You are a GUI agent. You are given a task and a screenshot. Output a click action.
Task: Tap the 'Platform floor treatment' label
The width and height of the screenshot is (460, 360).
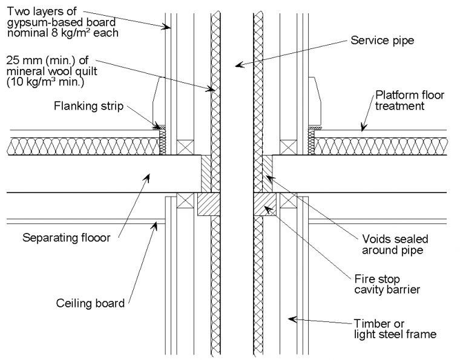[x=407, y=100]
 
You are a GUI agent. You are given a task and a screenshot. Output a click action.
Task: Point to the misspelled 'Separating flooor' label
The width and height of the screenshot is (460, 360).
[x=67, y=238]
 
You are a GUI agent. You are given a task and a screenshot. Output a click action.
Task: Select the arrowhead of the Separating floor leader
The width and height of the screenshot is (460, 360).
[x=147, y=175]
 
